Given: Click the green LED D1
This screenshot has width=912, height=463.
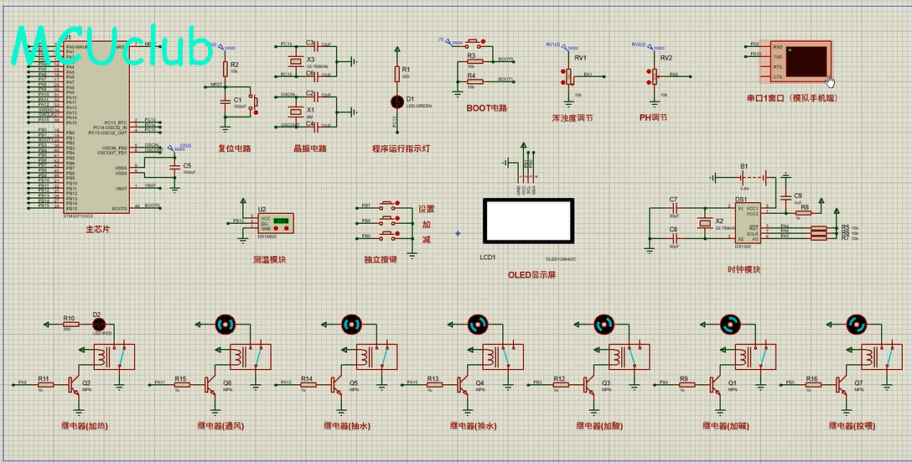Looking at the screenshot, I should [398, 101].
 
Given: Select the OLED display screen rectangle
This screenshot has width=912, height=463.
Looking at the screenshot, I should [528, 223].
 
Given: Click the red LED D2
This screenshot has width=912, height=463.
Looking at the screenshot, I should [97, 323].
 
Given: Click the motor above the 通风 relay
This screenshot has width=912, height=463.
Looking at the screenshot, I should [226, 324].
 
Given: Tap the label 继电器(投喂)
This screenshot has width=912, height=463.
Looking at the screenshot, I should [852, 425].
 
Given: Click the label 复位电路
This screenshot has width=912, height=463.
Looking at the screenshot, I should [235, 148].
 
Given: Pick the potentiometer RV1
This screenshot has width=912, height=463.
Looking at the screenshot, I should [567, 75].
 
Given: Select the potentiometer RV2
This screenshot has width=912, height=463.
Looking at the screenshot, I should [652, 75].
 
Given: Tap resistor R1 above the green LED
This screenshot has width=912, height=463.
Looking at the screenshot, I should [398, 73].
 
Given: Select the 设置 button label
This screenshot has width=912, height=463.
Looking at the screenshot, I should [427, 209].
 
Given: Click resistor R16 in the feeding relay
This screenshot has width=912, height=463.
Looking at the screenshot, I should [811, 384].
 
